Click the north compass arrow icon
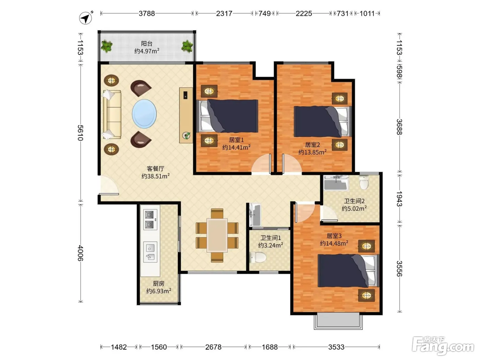(85, 18)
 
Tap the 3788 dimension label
(147, 14)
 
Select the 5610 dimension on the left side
(81, 133)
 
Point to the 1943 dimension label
(399, 199)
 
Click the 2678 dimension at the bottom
(213, 347)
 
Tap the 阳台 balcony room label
(146, 44)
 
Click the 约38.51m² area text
(155, 176)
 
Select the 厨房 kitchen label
(158, 284)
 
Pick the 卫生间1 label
(271, 238)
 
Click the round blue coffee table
(144, 114)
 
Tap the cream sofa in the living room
(112, 114)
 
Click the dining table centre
(217, 236)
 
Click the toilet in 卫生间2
(364, 182)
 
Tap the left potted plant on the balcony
(107, 46)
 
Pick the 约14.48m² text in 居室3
(334, 243)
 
